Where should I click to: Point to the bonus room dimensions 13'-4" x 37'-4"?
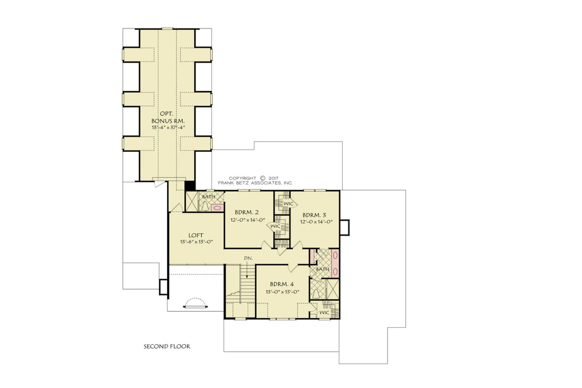(168, 129)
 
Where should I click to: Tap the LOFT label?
(197, 234)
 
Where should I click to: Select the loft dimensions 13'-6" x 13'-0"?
(197, 241)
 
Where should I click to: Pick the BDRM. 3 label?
(314, 214)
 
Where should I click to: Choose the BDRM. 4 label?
(281, 284)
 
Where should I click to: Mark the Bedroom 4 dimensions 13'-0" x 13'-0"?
(281, 292)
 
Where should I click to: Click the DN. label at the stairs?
(248, 258)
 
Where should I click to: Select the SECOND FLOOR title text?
(167, 346)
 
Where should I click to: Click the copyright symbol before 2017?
(263, 178)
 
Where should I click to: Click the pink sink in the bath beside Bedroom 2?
(217, 208)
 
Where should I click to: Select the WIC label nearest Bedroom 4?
(324, 312)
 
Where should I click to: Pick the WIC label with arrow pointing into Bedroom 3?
(288, 203)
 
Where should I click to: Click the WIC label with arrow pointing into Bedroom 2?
(275, 226)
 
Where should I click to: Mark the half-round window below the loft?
(195, 303)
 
